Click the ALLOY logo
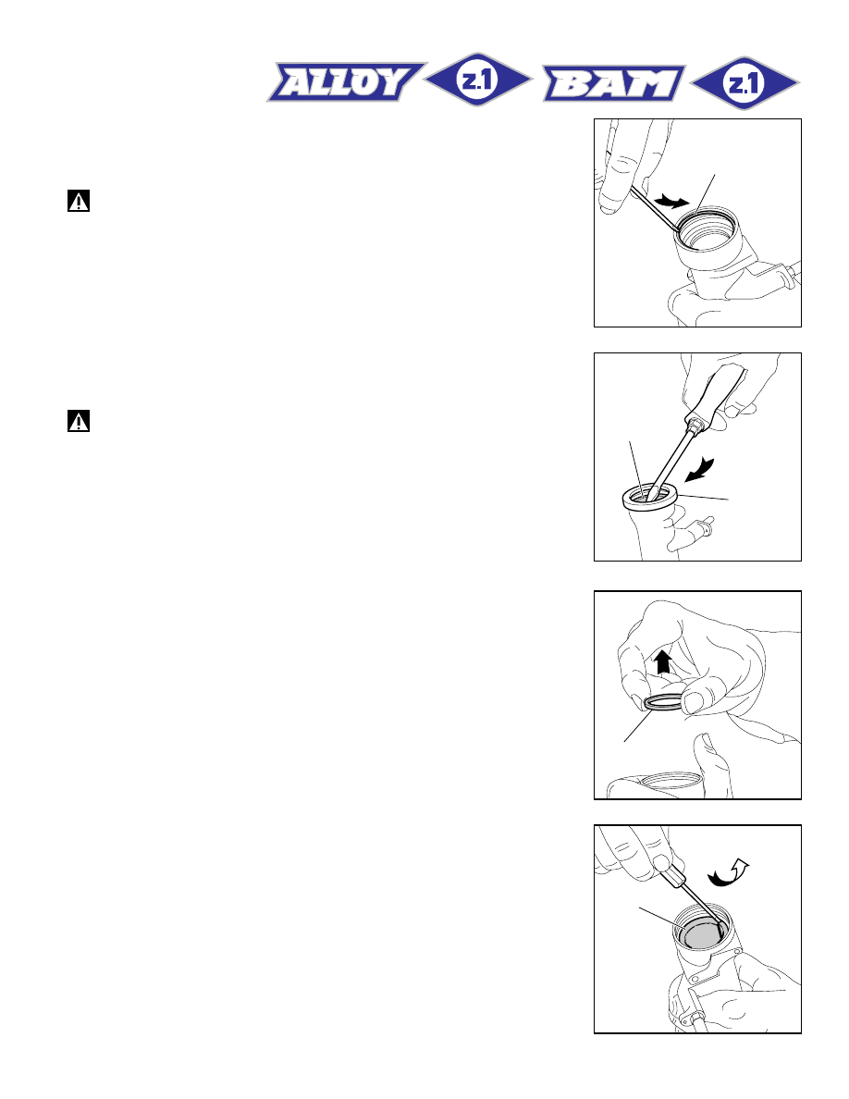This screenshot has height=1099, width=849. pyautogui.click(x=345, y=82)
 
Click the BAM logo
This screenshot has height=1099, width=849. pyautogui.click(x=614, y=83)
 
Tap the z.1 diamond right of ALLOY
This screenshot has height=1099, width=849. pyautogui.click(x=478, y=80)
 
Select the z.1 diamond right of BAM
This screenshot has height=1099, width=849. pyautogui.click(x=744, y=83)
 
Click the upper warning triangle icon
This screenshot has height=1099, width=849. pyautogui.click(x=79, y=201)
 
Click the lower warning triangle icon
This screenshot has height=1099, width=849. pyautogui.click(x=79, y=421)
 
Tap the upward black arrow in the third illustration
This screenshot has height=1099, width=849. pyautogui.click(x=663, y=661)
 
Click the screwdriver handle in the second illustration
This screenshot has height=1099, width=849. pyautogui.click(x=716, y=396)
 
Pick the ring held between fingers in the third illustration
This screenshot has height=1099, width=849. pyautogui.click(x=662, y=702)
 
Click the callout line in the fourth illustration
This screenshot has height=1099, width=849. pyautogui.click(x=663, y=920)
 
